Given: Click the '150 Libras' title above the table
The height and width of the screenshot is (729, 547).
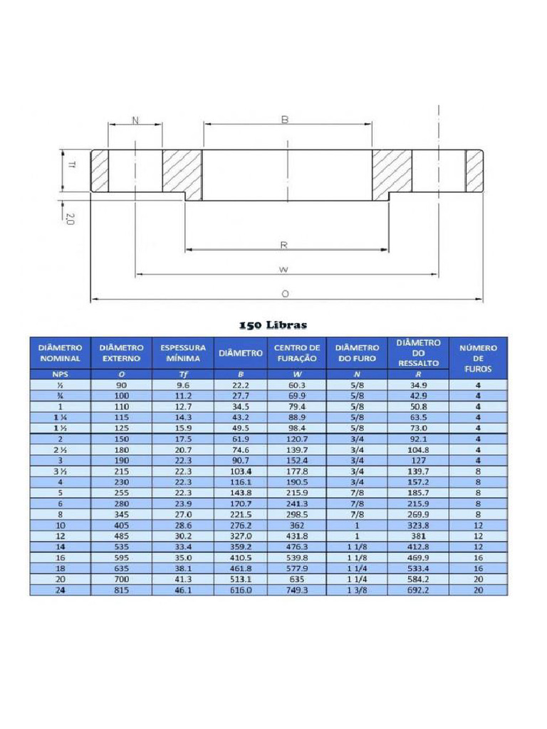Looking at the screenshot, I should (x=273, y=325).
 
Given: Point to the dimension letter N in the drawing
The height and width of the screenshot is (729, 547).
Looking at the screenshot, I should (x=135, y=120).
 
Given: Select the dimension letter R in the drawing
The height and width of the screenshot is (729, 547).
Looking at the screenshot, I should (x=283, y=245).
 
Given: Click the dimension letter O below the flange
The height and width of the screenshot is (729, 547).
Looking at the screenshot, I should (x=285, y=293).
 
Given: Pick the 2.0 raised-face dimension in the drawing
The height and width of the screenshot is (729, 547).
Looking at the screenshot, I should (x=70, y=219).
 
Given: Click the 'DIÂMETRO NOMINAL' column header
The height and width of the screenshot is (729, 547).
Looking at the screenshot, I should (x=60, y=353).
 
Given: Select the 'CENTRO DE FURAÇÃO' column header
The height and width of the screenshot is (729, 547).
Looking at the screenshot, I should (x=297, y=353).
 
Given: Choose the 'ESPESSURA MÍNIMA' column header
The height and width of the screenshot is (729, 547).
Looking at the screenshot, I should (x=183, y=353).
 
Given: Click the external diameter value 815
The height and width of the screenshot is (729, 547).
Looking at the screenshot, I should (x=122, y=590).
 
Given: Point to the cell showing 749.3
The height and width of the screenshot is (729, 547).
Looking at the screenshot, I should (x=296, y=590).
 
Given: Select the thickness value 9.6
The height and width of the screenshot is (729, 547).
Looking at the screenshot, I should (x=183, y=385).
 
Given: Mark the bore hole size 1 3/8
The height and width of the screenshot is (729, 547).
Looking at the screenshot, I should (x=355, y=590).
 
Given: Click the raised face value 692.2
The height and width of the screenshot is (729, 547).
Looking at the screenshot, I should (x=417, y=590).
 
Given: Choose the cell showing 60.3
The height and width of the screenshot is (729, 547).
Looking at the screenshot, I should (x=296, y=385).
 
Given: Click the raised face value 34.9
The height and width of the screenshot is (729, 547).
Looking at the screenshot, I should (x=417, y=385).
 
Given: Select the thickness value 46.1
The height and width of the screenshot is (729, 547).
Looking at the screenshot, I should (x=183, y=590).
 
